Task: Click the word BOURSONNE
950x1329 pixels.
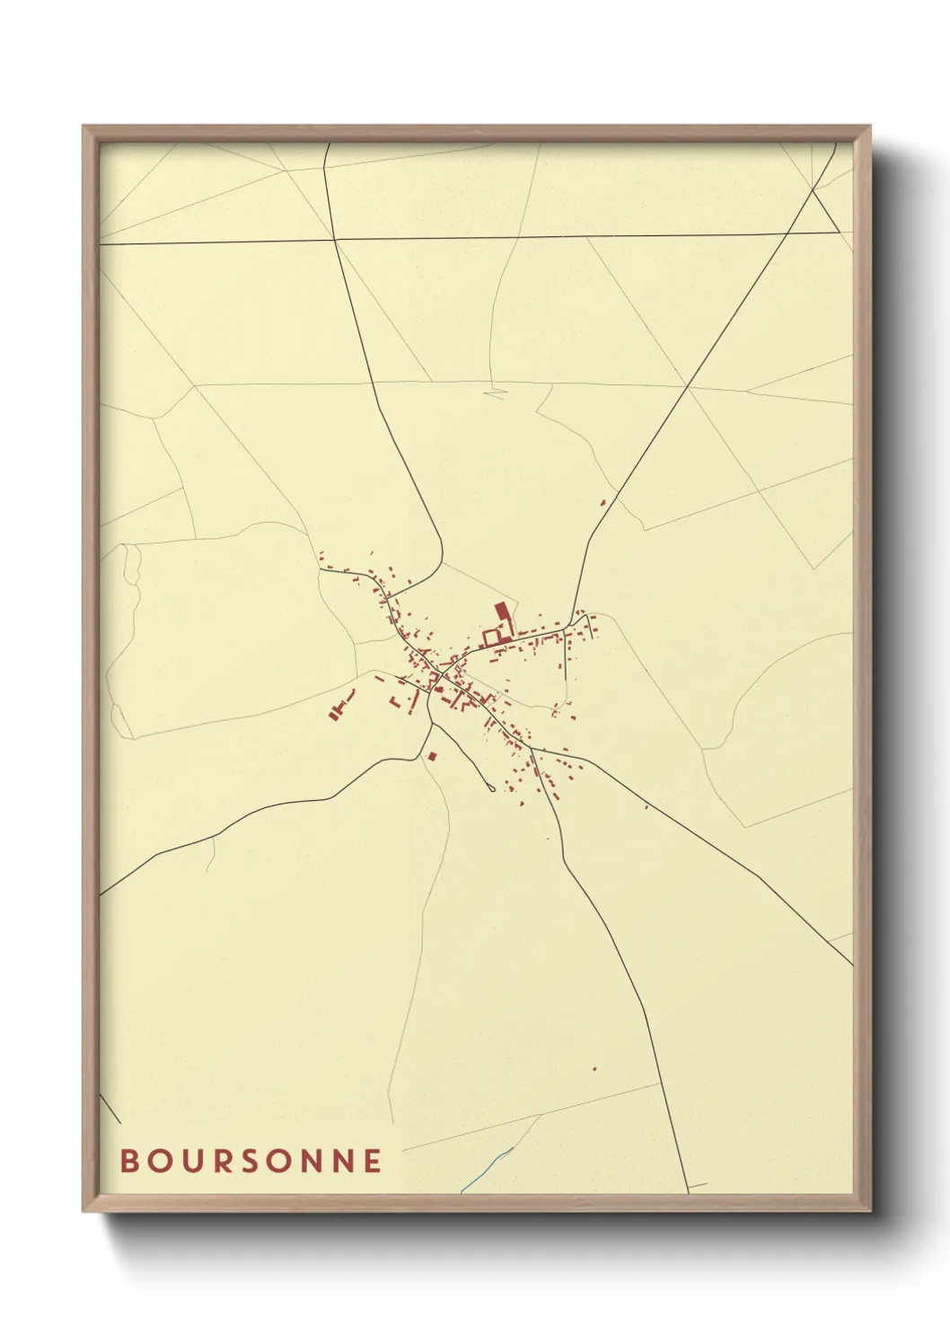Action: click(x=251, y=1161)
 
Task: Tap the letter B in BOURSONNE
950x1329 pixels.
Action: click(x=129, y=1161)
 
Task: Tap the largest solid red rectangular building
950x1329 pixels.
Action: click(x=502, y=612)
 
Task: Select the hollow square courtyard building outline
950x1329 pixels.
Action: click(x=491, y=637)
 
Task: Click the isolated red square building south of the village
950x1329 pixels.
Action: click(x=432, y=756)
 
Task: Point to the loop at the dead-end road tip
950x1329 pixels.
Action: click(x=490, y=788)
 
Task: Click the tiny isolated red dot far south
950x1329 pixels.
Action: click(x=594, y=1069)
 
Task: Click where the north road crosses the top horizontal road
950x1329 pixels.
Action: click(x=334, y=240)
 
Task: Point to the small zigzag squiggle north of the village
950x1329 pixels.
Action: click(x=494, y=392)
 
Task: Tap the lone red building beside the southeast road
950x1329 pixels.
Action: click(x=647, y=806)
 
